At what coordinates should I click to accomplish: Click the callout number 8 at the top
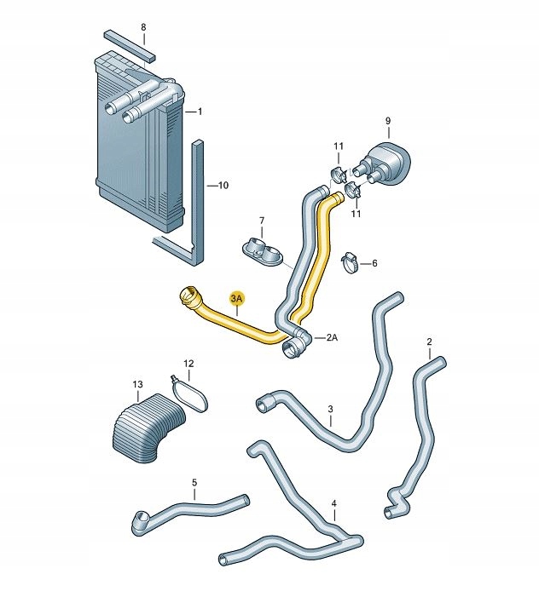tap(143, 27)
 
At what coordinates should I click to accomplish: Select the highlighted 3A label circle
tap(236, 299)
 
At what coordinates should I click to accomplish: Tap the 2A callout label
tap(332, 337)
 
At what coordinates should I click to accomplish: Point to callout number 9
tap(388, 121)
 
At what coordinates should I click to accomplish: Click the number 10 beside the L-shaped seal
tap(223, 186)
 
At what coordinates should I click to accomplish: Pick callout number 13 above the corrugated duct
tap(137, 384)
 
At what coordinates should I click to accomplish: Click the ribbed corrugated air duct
tap(148, 428)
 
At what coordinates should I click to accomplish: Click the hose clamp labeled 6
tap(350, 263)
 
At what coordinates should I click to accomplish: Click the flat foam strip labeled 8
tap(130, 46)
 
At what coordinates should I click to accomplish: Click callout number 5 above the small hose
tap(194, 483)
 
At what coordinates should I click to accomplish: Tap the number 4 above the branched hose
tap(334, 503)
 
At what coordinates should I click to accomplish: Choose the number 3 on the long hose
tap(330, 410)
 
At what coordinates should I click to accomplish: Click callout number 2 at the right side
tap(429, 342)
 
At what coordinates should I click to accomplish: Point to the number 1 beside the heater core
tap(200, 112)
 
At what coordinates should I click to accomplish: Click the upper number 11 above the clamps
tap(339, 146)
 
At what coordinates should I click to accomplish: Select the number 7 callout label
tap(262, 221)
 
